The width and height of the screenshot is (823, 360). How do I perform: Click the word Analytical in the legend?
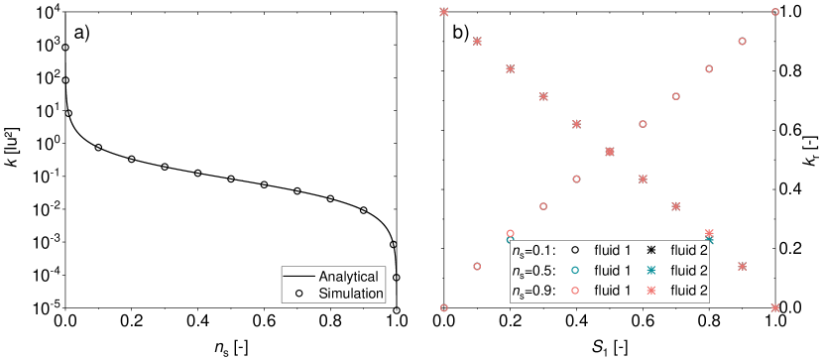tap(348, 276)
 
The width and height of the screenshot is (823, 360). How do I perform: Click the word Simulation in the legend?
tap(351, 294)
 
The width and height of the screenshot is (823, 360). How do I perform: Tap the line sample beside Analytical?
tap(299, 276)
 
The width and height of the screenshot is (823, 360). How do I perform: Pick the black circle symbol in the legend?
tap(576, 249)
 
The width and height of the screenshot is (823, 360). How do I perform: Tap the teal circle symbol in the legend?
tap(576, 270)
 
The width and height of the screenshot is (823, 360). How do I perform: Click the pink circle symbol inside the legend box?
tap(576, 291)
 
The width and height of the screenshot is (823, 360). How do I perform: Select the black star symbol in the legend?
tap(652, 249)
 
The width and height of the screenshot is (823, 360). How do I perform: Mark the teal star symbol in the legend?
tap(652, 270)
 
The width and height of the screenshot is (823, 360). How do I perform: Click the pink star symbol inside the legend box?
tap(652, 291)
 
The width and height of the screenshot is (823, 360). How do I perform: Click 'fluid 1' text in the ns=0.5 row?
tap(613, 270)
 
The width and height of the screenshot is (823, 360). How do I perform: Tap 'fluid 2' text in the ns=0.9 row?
tap(689, 291)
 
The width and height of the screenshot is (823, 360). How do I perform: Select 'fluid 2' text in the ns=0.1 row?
tap(689, 249)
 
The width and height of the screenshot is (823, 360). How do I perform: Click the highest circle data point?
tap(775, 12)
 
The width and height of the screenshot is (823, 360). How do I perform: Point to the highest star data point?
tap(444, 12)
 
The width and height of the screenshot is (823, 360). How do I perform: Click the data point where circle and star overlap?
tap(610, 152)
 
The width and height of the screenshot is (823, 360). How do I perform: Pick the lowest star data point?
tap(775, 307)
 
